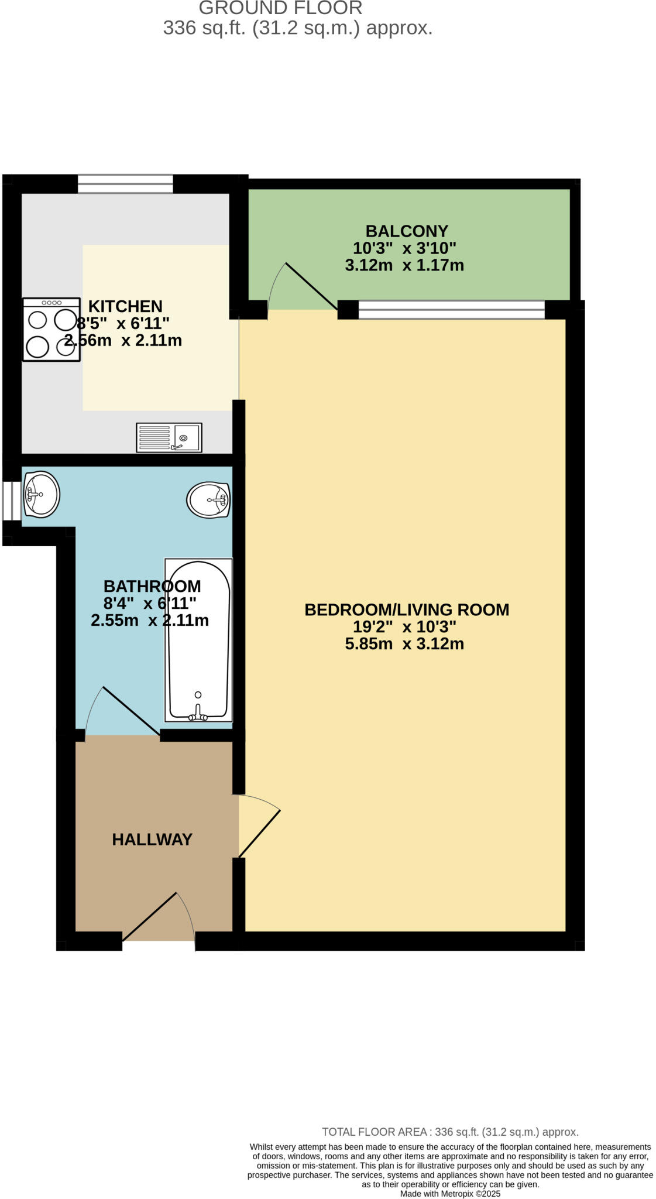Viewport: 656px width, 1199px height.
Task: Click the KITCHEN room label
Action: (125, 306)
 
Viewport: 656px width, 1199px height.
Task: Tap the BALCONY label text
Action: (406, 231)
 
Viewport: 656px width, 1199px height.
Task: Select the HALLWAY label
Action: (152, 840)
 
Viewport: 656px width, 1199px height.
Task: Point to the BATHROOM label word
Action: (152, 586)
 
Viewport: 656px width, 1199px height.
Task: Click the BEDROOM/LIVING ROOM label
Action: (406, 610)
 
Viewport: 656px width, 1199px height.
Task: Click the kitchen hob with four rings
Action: (51, 329)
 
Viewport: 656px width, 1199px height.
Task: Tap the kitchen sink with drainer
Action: (169, 437)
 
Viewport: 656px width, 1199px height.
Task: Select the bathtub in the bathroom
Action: (198, 640)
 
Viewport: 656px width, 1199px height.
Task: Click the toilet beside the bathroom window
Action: (41, 495)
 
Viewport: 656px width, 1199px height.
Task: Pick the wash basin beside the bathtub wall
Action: (208, 500)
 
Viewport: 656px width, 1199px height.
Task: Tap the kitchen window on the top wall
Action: (125, 184)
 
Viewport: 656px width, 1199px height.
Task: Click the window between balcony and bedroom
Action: (451, 309)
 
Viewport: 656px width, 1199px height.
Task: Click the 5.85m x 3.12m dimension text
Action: (404, 644)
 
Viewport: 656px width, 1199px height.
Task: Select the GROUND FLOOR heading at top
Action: (280, 8)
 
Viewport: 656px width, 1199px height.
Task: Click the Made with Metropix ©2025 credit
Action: (450, 1193)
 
